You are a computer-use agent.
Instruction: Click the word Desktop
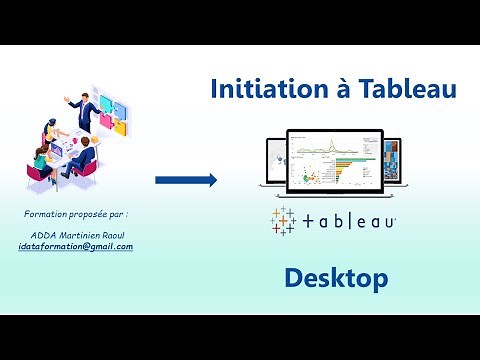click(335, 279)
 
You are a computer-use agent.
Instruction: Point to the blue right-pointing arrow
click(186, 180)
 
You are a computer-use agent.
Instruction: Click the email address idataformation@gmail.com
click(76, 246)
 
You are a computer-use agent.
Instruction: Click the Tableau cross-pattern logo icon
click(284, 220)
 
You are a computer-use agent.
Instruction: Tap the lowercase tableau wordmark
click(349, 221)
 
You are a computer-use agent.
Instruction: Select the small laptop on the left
click(273, 166)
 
